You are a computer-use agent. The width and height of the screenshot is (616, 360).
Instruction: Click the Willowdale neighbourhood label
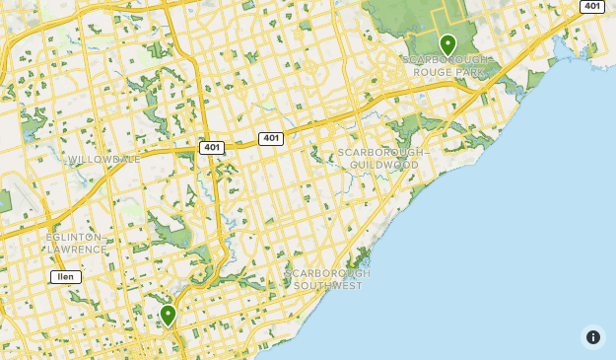tap(103, 159)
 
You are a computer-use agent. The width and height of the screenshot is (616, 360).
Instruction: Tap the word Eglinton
tap(74, 238)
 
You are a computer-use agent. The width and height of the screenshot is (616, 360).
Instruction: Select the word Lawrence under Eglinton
tap(77, 250)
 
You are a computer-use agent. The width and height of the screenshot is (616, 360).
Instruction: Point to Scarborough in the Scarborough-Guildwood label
tap(380, 153)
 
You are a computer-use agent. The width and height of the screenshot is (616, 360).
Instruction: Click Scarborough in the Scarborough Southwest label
tap(327, 273)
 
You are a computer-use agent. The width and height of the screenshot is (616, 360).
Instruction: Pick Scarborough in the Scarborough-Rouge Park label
tap(445, 59)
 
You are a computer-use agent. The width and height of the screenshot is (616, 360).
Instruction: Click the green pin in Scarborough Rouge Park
tap(447, 44)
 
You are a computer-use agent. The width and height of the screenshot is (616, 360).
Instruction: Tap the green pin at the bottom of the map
tap(168, 315)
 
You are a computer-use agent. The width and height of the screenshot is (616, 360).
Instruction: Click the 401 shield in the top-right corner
tap(591, 6)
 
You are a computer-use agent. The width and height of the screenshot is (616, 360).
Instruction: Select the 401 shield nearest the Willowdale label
tap(211, 147)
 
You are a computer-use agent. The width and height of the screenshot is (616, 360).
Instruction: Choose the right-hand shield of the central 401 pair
tap(271, 139)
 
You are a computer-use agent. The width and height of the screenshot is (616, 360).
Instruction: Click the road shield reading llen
tap(66, 277)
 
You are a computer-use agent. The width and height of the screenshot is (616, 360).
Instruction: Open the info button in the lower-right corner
tap(592, 337)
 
